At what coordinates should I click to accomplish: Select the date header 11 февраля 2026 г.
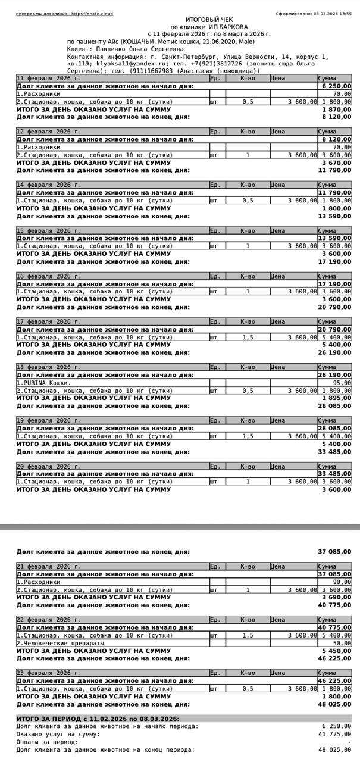click(x=49, y=78)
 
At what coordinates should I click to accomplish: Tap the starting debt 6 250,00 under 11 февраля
click(x=336, y=86)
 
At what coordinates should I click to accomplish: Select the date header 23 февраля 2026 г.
click(x=49, y=673)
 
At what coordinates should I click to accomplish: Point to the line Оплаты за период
click(x=47, y=742)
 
